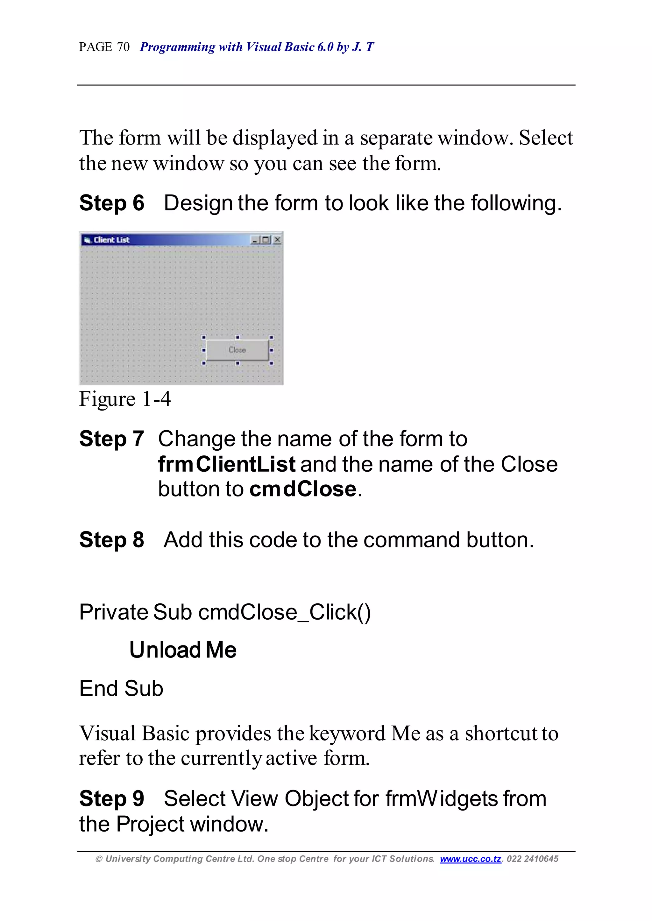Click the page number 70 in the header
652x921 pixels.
coord(123,47)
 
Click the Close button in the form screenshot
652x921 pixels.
coord(237,350)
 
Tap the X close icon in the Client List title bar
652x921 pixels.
coord(277,240)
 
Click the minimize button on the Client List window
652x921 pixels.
coord(255,240)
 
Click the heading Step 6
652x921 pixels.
coord(112,203)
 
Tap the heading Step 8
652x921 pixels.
coord(112,540)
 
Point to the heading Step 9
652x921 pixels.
coord(112,798)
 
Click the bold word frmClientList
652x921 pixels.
coord(227,464)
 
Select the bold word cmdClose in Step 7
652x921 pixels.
coord(303,489)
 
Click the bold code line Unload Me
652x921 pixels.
coord(183,650)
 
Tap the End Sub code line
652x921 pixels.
coord(121,689)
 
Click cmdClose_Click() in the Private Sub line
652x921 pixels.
coord(284,612)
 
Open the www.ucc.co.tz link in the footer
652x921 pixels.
coord(471,859)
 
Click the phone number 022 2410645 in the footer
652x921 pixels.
coord(532,859)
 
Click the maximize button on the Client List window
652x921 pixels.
coord(266,240)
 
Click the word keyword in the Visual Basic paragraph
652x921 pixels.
coord(347,734)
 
